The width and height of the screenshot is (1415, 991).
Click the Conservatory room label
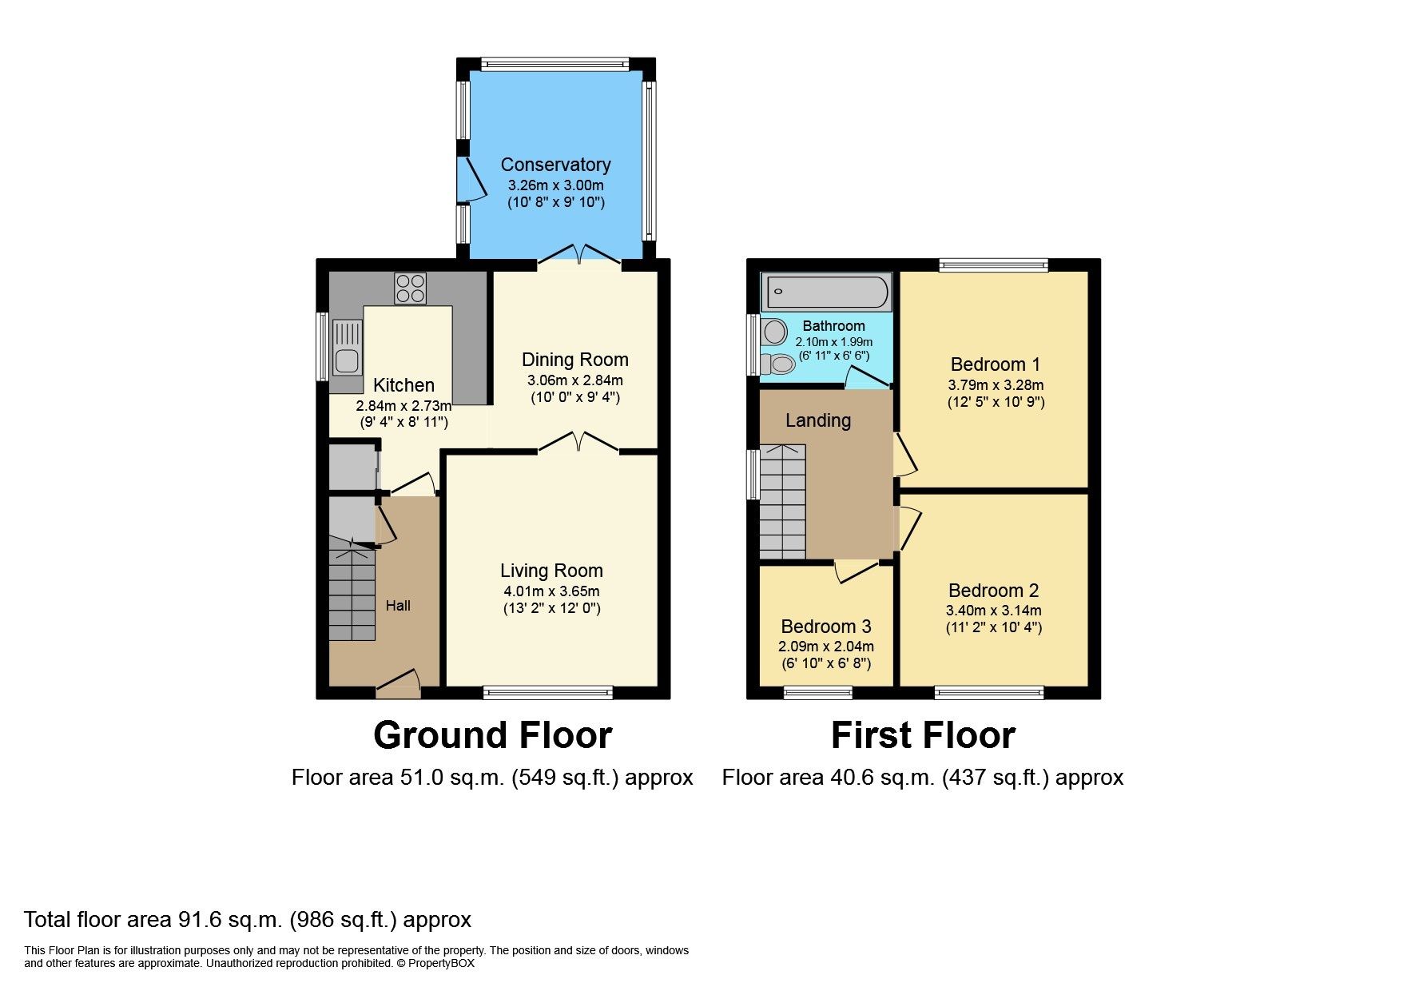click(555, 165)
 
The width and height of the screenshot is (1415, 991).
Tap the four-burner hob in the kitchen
click(410, 289)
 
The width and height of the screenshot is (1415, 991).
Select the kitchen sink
click(348, 347)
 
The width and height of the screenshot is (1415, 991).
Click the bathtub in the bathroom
click(825, 292)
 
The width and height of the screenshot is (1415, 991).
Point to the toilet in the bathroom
click(776, 364)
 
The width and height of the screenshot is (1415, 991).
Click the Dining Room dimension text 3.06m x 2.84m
click(574, 380)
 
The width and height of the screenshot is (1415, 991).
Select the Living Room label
click(551, 571)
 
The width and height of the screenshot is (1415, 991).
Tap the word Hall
click(398, 606)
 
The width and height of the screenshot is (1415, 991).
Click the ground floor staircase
click(352, 595)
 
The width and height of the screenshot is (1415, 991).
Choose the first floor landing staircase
click(782, 502)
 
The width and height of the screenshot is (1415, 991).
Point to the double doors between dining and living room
click(579, 443)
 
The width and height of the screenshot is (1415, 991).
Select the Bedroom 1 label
click(996, 364)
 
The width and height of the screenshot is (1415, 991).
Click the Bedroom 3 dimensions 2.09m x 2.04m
click(825, 647)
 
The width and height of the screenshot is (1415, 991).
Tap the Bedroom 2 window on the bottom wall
click(989, 692)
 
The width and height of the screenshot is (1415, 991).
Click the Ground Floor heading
click(492, 735)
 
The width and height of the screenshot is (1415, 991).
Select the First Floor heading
click(923, 735)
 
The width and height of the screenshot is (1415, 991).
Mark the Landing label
click(817, 420)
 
